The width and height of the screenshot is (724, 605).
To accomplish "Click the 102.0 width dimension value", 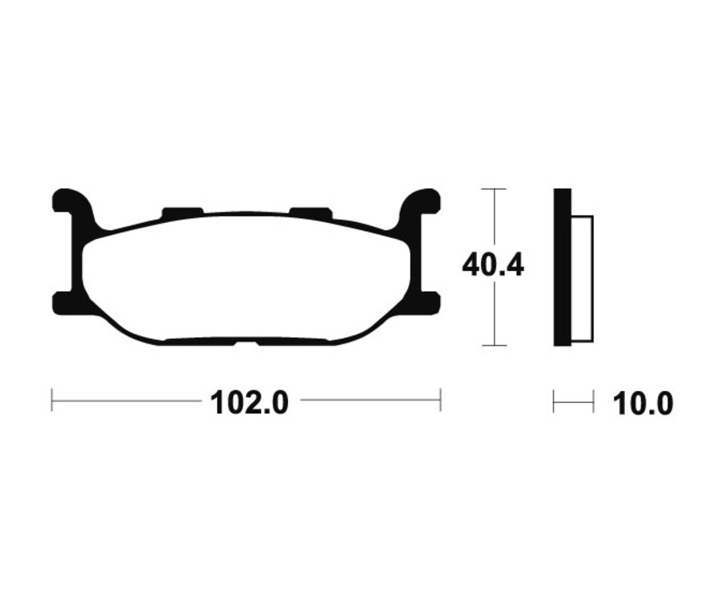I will click(x=249, y=401).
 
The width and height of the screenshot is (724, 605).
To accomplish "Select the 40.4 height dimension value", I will click(x=492, y=265).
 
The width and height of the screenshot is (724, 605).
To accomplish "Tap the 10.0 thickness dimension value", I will click(x=643, y=402).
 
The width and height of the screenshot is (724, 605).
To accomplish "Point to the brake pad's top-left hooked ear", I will click(x=68, y=200).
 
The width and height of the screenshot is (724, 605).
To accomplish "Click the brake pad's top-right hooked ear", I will click(x=425, y=200).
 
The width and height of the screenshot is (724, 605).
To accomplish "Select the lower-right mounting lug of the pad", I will click(x=430, y=302).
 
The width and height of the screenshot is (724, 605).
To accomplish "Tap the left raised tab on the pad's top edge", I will click(x=183, y=212).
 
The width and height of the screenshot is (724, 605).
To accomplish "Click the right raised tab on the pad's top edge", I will click(x=310, y=212).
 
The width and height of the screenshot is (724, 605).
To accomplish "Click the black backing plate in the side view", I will click(x=562, y=267).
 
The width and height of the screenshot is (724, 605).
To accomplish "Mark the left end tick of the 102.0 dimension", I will click(x=52, y=400).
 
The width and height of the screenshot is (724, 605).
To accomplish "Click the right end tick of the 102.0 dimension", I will click(x=440, y=400).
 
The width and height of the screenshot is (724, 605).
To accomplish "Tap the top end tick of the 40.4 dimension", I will click(x=493, y=189).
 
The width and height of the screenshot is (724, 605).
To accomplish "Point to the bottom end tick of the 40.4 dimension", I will click(x=493, y=345).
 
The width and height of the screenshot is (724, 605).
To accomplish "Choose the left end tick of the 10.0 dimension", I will click(x=554, y=401).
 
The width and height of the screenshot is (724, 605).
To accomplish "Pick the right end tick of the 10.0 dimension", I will click(x=593, y=401).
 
